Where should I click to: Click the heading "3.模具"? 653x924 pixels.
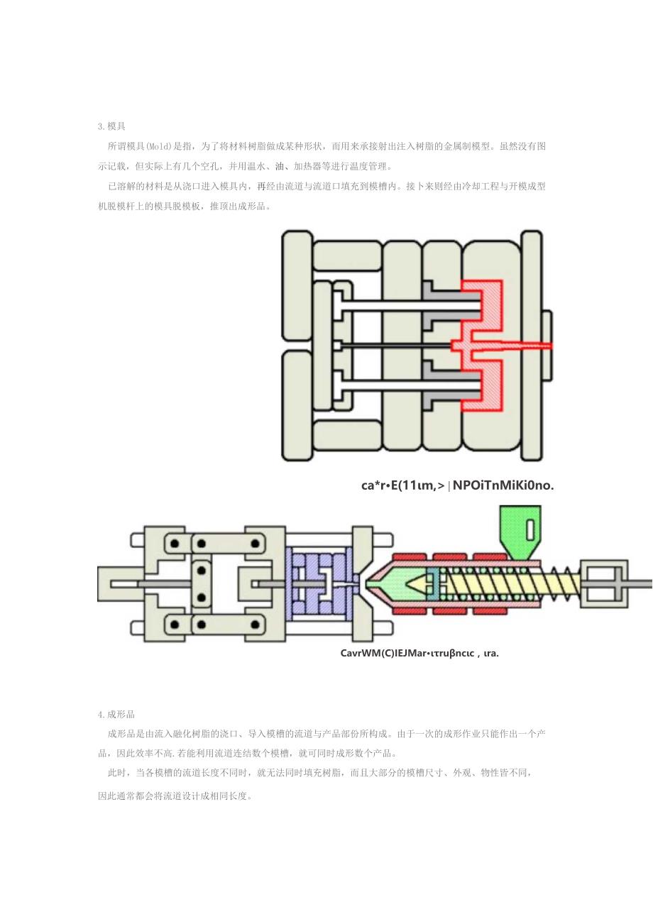pyautogui.click(x=111, y=126)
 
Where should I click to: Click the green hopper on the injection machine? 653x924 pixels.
pyautogui.click(x=520, y=532)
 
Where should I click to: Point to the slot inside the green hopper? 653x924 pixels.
pyautogui.click(x=530, y=529)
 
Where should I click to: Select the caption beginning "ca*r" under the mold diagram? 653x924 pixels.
pyautogui.click(x=457, y=485)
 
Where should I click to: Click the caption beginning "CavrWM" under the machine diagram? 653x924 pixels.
pyautogui.click(x=419, y=653)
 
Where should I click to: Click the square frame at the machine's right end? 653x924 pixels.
pyautogui.click(x=604, y=583)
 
